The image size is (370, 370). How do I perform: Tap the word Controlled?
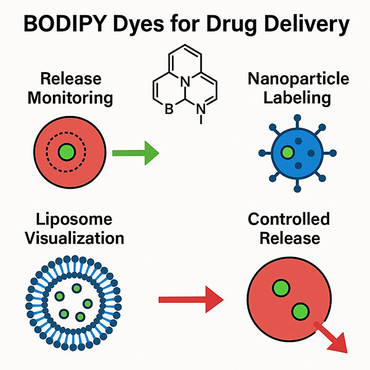(289, 219)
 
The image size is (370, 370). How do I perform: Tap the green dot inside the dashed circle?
(67, 152)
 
